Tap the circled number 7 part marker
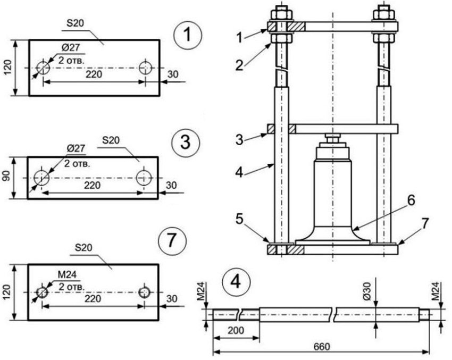point(172,241)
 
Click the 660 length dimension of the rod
point(321,346)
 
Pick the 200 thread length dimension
point(236,330)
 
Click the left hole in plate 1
point(43,68)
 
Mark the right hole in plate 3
point(143,177)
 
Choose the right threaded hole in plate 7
point(144,292)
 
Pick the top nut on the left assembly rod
point(280,12)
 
